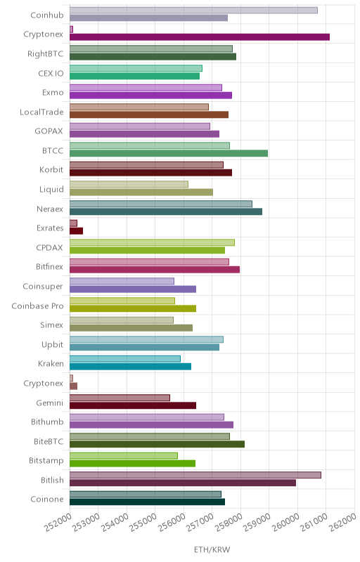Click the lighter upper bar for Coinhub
[193, 11]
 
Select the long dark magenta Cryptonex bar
[200, 37]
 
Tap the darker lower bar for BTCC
[169, 153]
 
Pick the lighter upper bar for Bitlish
[195, 475]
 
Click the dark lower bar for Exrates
[77, 231]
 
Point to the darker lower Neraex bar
[166, 211]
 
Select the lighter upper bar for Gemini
[120, 398]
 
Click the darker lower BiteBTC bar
[157, 444]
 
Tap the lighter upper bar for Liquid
[129, 184]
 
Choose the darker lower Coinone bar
[148, 502]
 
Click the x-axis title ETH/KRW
[212, 549]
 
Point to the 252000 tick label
[58, 523]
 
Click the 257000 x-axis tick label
[200, 523]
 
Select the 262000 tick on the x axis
[342, 523]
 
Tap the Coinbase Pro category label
[37, 306]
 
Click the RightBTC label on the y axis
[45, 54]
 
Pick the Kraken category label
[51, 363]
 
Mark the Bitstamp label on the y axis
[46, 461]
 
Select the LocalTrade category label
[41, 112]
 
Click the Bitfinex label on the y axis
[49, 266]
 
